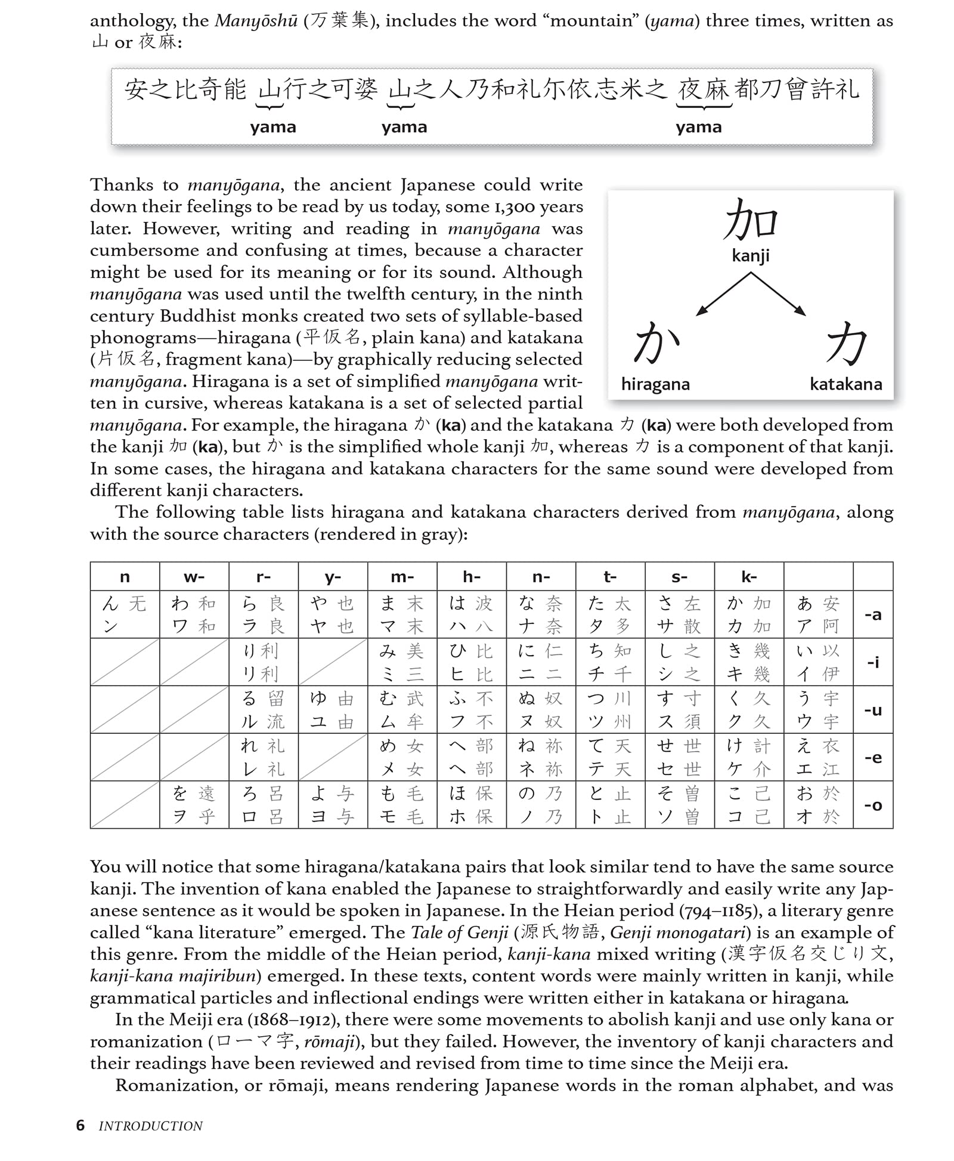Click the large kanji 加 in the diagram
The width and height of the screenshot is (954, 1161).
tap(751, 220)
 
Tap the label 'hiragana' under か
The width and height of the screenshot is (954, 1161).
tap(655, 384)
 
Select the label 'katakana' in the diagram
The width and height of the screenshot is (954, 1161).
tap(845, 384)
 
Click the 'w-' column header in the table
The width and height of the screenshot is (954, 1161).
tap(194, 577)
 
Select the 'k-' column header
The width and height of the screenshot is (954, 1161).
tap(749, 577)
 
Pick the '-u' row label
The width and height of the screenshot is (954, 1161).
tap(873, 710)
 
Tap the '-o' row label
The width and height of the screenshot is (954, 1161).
tap(873, 805)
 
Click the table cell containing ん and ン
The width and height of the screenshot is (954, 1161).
tap(125, 615)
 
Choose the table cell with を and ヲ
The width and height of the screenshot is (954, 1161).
tap(194, 805)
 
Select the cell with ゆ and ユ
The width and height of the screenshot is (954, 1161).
tap(333, 710)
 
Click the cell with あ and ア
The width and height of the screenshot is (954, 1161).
tap(818, 615)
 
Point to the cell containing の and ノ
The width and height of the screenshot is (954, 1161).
tap(541, 805)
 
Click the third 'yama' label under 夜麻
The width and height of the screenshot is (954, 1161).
tap(699, 127)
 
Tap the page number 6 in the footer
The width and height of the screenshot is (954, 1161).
tap(80, 1126)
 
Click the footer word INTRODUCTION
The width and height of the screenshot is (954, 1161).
tap(150, 1126)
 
